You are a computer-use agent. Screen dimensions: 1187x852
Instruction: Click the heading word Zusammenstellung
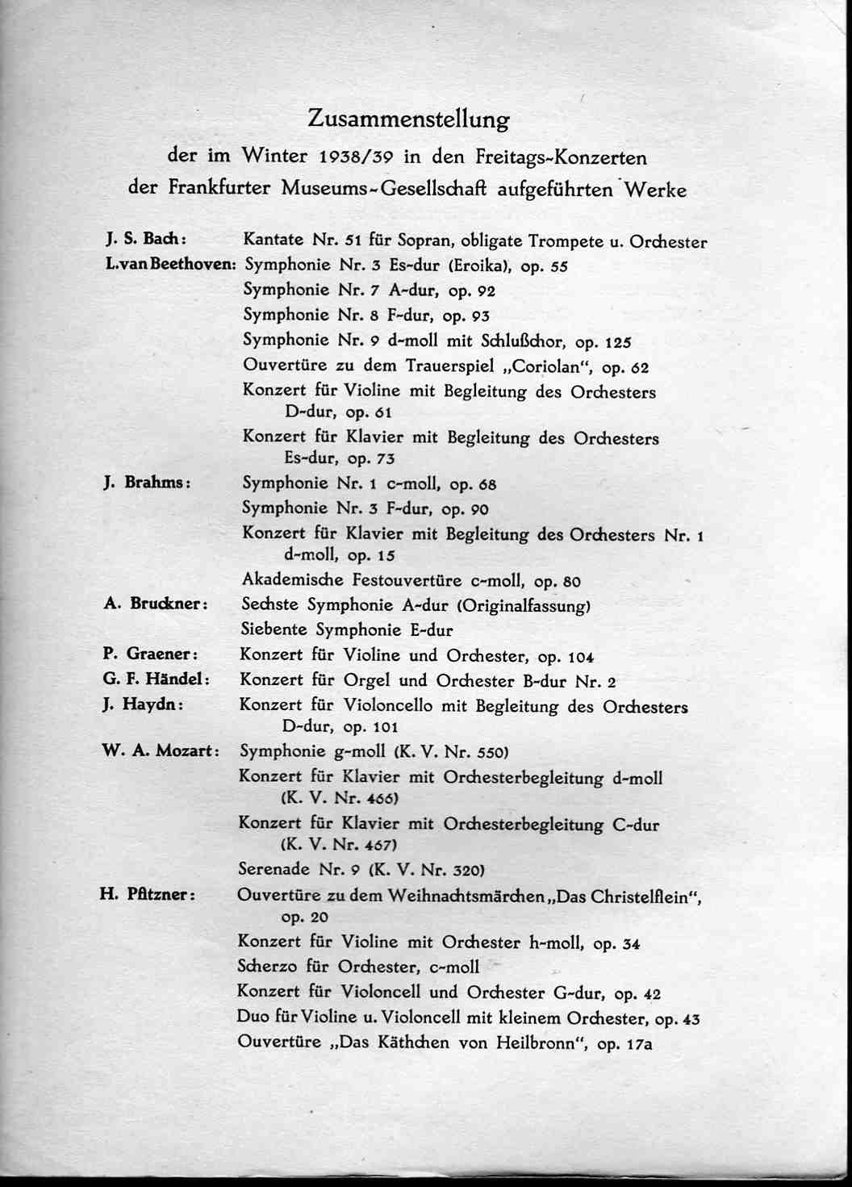408,119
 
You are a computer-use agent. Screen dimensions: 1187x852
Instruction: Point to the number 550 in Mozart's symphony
491,753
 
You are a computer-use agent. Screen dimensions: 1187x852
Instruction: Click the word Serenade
274,869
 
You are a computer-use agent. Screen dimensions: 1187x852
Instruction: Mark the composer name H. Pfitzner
147,894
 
